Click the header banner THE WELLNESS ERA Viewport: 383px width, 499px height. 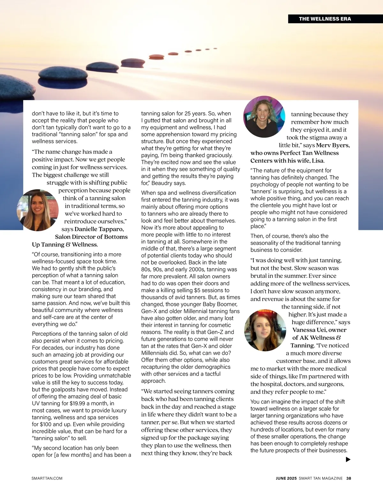click(325, 19)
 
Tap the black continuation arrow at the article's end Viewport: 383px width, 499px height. click(348, 459)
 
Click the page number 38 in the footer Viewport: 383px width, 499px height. click(349, 478)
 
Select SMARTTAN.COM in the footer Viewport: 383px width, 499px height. click(47, 478)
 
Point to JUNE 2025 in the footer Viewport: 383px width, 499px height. click(286, 478)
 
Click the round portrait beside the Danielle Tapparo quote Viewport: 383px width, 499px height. click(37, 210)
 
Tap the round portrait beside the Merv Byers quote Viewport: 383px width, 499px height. click(264, 117)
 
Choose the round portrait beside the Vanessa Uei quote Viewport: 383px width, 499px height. click(265, 330)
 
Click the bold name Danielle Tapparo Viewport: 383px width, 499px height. click(99, 229)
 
